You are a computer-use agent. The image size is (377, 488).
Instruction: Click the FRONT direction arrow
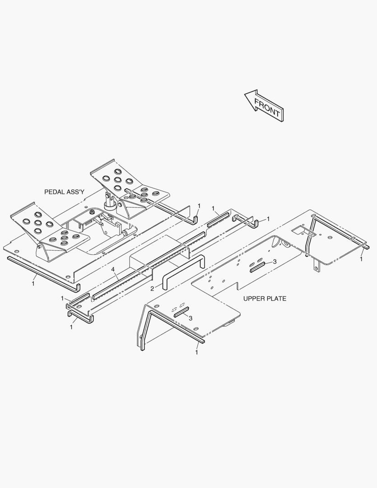(264, 105)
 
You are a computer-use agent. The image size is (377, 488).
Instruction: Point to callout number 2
(152, 289)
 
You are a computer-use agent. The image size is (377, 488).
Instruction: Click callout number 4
(113, 269)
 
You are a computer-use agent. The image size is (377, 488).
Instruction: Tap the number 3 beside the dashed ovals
(191, 318)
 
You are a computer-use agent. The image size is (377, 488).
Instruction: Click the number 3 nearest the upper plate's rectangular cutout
(275, 262)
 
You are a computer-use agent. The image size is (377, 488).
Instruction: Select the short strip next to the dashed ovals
(182, 312)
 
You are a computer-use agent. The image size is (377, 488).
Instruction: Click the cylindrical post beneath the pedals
(109, 202)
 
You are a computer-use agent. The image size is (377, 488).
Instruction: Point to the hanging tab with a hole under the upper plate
(316, 266)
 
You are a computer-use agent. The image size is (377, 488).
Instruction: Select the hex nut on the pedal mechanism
(92, 212)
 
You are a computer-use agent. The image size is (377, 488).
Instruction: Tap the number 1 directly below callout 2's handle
(196, 352)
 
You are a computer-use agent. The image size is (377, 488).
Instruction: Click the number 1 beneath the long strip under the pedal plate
(33, 284)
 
